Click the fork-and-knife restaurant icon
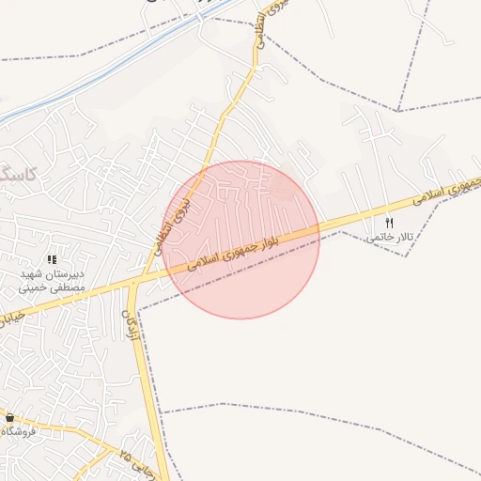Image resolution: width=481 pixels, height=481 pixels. [x=389, y=223]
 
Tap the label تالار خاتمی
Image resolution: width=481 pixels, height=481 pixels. [x=388, y=237]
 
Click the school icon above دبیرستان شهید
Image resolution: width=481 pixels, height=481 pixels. [x=53, y=258]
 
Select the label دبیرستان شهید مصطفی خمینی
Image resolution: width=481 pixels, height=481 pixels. [x=54, y=281]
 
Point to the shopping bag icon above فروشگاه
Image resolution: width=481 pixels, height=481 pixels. [x=9, y=417]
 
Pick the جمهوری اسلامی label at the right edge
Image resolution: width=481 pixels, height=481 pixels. [x=445, y=192]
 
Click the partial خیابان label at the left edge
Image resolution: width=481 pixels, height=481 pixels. [x=8, y=316]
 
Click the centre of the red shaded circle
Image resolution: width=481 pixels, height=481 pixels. [x=241, y=240]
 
